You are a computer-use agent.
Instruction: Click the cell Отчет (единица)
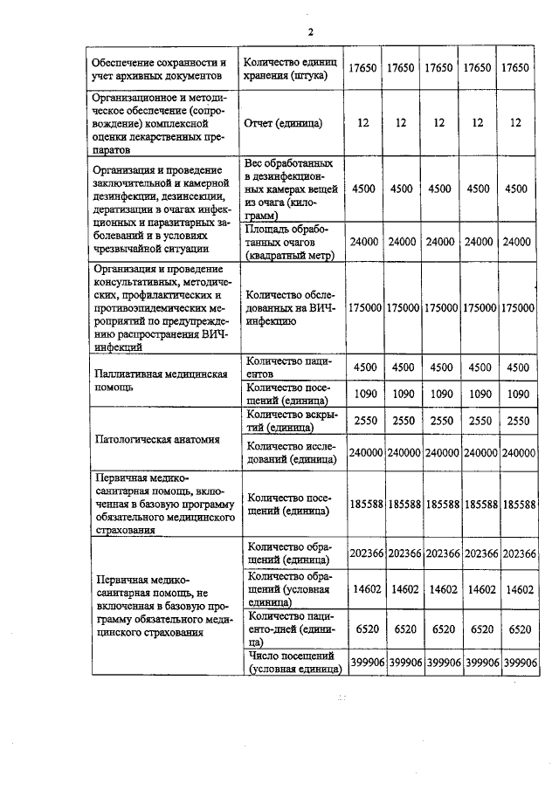click(x=283, y=123)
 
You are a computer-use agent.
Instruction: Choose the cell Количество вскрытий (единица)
click(x=289, y=421)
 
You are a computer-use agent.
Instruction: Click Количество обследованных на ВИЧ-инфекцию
click(x=288, y=308)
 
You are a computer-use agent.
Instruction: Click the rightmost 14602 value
click(x=519, y=590)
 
